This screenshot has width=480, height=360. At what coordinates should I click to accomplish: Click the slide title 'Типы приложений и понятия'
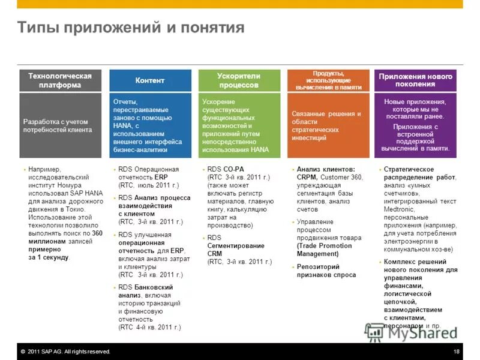pyautogui.click(x=130, y=28)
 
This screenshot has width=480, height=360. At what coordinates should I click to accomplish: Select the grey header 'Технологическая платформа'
pyautogui.click(x=60, y=80)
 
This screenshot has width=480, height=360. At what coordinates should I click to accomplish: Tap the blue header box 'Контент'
pyautogui.click(x=150, y=80)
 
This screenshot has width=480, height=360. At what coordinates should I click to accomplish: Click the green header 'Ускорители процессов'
pyautogui.click(x=239, y=80)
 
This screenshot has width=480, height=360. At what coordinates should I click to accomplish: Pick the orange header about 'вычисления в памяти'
pyautogui.click(x=328, y=80)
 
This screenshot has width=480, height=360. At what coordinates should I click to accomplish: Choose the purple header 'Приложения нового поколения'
pyautogui.click(x=415, y=80)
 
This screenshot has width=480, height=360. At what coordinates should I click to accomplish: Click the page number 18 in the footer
pyautogui.click(x=457, y=352)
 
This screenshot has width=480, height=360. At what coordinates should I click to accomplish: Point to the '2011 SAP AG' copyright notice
pyautogui.click(x=67, y=352)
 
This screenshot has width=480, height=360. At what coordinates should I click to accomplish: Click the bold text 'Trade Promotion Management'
pyautogui.click(x=325, y=250)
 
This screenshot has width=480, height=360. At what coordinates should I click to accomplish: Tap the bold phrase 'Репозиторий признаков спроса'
pyautogui.click(x=326, y=271)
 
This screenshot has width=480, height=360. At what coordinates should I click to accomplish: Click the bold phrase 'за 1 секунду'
pyautogui.click(x=49, y=257)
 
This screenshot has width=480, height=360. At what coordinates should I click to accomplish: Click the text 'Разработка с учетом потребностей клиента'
pyautogui.click(x=58, y=125)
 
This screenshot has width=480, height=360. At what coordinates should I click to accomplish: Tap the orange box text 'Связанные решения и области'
pyautogui.click(x=326, y=118)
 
